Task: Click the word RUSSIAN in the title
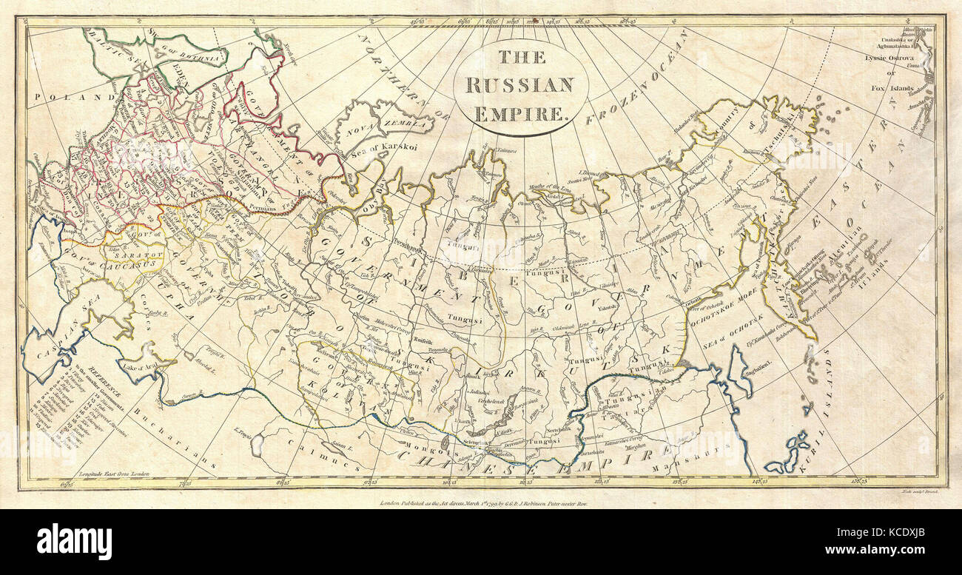point(519,84)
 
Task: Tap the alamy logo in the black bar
point(74,541)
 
